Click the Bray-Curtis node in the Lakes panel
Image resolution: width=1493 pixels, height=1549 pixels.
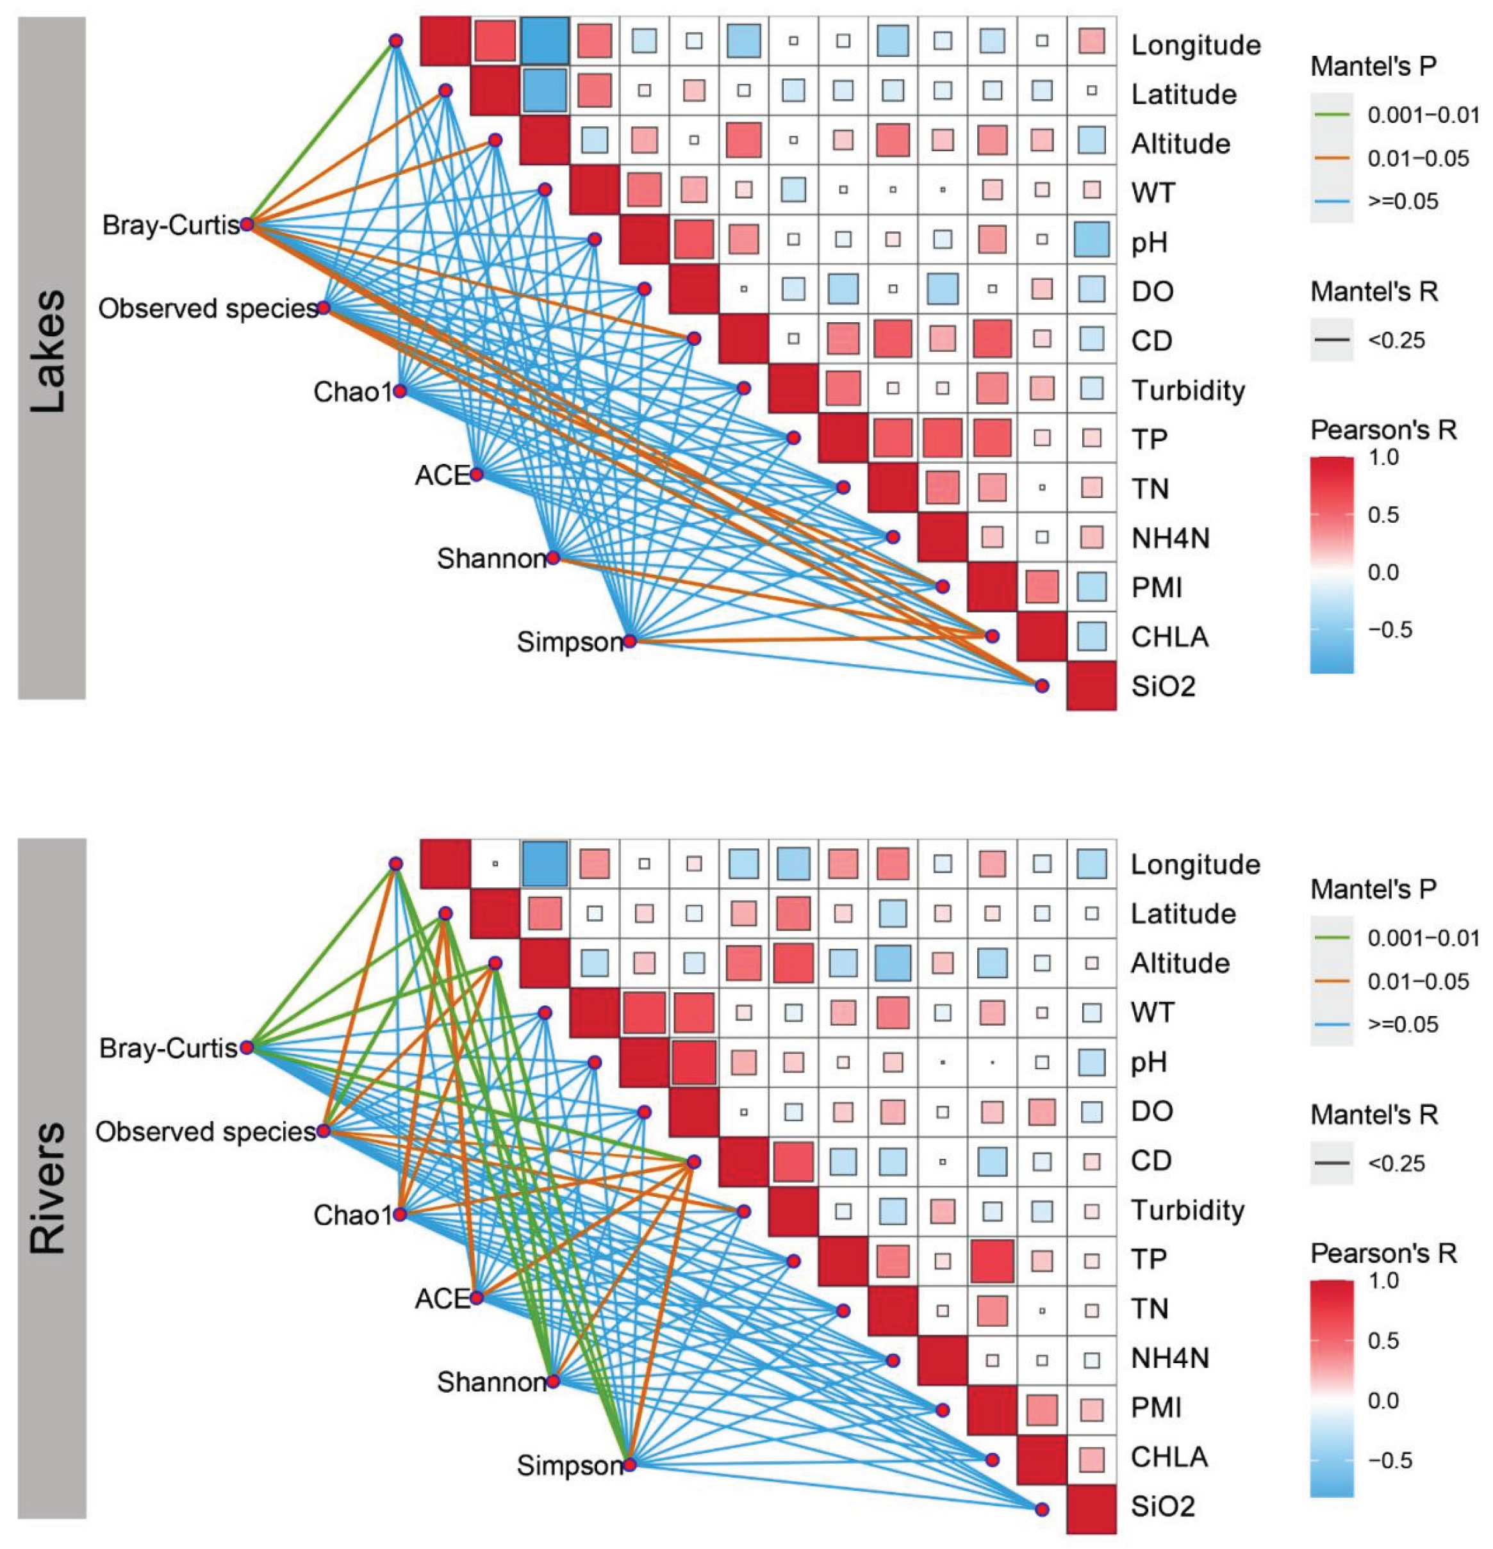(247, 225)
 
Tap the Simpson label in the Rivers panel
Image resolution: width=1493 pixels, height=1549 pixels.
(570, 1466)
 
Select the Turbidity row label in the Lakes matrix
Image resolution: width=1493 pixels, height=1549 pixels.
(1187, 390)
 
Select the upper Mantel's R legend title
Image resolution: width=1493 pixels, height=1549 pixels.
(1374, 292)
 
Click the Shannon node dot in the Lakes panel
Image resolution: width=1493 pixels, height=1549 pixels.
(553, 558)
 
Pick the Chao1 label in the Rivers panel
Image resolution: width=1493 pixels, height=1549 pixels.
(352, 1215)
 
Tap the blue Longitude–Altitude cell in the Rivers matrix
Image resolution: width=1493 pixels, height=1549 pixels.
(545, 863)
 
